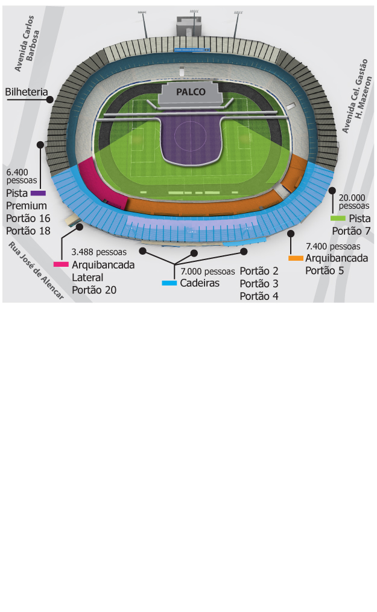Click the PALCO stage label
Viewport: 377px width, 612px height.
coord(191,92)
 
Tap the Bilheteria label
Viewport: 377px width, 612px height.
coord(27,92)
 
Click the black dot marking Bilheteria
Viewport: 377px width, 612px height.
coord(50,100)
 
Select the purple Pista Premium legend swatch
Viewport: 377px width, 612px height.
coord(38,193)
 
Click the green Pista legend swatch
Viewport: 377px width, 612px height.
coord(338,218)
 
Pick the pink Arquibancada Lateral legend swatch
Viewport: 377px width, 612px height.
coord(61,264)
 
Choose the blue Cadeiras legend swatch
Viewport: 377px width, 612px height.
coord(169,283)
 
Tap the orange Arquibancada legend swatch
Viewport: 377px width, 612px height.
coord(296,258)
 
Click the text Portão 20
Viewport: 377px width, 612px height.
coord(94,290)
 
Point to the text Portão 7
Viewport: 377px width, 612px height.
coord(351,231)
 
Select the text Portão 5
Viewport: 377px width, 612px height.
coord(325,271)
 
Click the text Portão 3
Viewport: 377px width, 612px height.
coord(259,284)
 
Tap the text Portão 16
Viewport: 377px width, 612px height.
coord(28,218)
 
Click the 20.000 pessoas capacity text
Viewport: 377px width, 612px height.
coord(354,202)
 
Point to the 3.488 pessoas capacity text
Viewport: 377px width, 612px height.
coord(99,252)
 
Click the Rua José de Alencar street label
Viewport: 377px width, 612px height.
coord(36,271)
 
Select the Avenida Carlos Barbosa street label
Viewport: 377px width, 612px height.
coord(27,43)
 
